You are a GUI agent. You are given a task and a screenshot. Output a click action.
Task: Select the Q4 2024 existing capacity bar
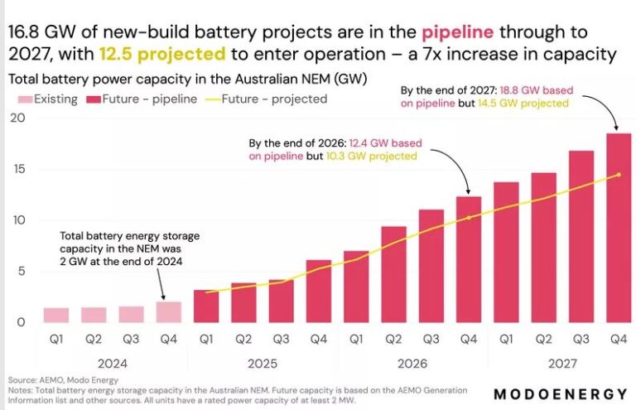click(x=168, y=312)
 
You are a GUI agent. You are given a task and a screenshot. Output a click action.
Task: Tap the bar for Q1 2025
click(x=206, y=306)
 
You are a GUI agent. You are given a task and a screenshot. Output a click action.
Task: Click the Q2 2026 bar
click(x=393, y=274)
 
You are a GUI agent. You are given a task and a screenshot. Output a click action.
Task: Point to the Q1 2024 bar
click(x=55, y=315)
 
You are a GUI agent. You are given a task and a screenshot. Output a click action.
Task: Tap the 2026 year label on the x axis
click(x=412, y=362)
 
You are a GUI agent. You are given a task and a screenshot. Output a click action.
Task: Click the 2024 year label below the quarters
click(x=111, y=362)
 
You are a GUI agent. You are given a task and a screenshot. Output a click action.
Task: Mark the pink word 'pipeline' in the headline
click(x=458, y=32)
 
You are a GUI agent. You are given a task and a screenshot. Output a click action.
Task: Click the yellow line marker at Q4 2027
click(x=619, y=175)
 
